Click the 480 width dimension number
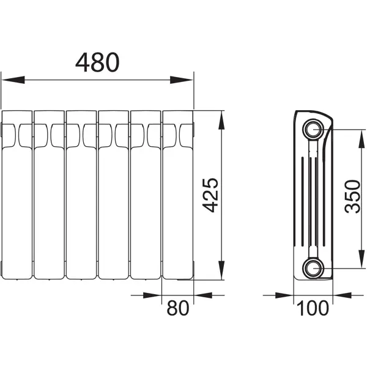coord(97,62)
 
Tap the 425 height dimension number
coord(210,195)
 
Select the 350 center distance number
coord(352,196)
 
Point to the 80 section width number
coord(177,308)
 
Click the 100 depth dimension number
coord(313,308)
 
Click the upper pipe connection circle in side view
coord(313,129)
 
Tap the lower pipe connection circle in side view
coord(313,268)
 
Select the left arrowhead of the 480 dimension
coord(13,80)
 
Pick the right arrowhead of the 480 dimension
coord(182,80)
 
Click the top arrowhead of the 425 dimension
coord(221,120)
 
